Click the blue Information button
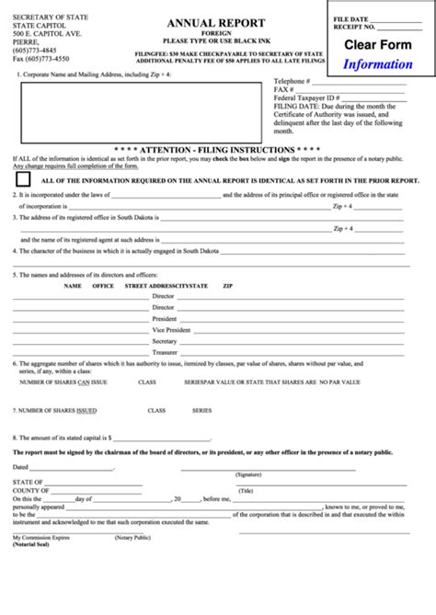pos(378,64)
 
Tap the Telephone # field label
pos(295,107)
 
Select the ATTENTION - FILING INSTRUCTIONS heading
pos(217,148)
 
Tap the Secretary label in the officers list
pos(165,341)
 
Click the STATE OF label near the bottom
pos(29,482)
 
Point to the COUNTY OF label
pos(31,490)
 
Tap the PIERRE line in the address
pos(26,42)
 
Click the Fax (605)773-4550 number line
pos(40,59)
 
